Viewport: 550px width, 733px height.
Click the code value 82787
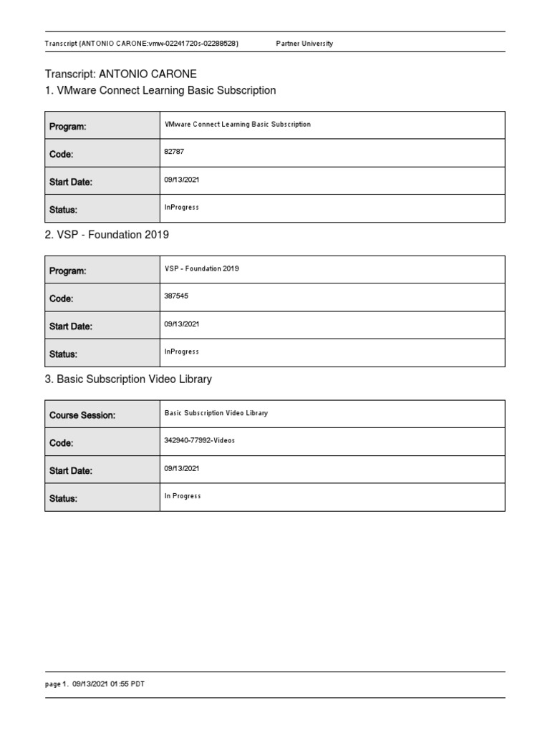click(175, 152)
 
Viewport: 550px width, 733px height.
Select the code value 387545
click(176, 296)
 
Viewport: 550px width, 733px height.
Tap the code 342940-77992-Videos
click(199, 440)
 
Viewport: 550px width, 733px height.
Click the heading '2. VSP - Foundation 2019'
click(107, 235)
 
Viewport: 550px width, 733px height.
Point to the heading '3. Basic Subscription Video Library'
click(128, 379)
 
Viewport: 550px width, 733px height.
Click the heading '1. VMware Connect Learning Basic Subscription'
click(160, 90)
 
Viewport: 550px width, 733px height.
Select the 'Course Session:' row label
click(82, 415)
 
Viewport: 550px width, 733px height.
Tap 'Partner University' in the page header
click(304, 44)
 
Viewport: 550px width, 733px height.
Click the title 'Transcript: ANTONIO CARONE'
click(120, 74)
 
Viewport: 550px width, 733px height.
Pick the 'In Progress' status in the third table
click(183, 496)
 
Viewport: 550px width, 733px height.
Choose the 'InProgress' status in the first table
click(181, 207)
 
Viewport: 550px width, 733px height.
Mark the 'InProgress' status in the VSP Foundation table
click(181, 351)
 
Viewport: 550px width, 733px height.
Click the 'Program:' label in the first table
click(67, 127)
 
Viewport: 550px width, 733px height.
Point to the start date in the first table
click(181, 180)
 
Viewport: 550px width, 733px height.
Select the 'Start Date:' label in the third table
click(71, 471)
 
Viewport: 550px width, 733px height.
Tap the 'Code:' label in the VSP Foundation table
click(61, 298)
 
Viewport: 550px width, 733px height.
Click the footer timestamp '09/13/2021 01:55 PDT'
click(108, 684)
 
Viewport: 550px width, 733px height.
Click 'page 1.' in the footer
click(57, 684)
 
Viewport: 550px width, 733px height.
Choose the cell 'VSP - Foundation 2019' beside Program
click(201, 268)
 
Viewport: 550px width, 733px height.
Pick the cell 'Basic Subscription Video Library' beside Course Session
click(216, 413)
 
